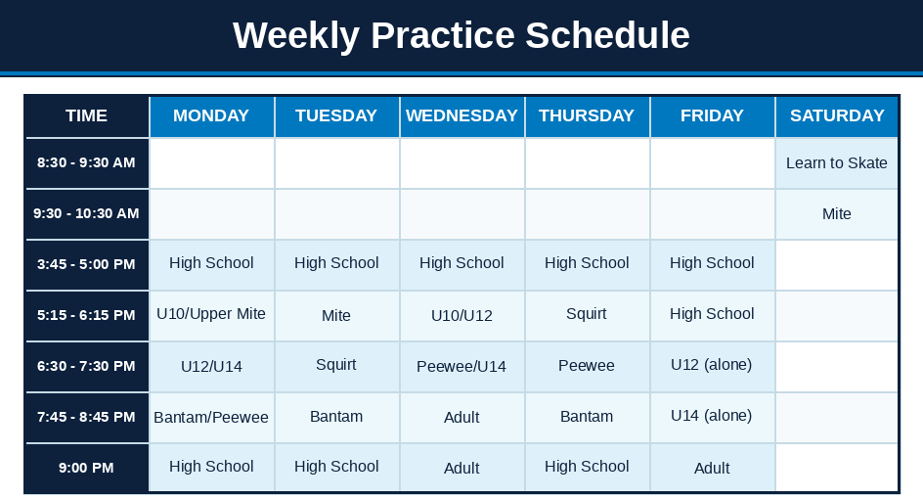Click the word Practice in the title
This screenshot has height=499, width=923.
point(443,35)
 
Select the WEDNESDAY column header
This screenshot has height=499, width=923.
point(461,116)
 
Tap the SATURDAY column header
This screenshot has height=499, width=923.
point(837,116)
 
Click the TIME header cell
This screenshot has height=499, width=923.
point(86,116)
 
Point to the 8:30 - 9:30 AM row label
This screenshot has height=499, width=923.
point(86,163)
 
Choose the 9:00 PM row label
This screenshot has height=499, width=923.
point(86,468)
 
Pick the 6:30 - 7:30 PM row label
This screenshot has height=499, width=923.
point(86,366)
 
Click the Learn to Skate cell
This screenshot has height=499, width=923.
point(837,163)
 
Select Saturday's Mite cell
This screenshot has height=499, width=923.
point(837,214)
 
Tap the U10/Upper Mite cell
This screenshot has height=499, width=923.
point(211,315)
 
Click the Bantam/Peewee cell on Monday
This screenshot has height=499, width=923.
point(211,417)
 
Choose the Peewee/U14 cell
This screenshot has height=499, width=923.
point(461,366)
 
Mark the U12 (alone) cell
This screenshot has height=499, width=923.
point(712,366)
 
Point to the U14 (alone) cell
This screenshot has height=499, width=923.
point(712,417)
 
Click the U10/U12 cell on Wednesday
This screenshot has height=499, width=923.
point(461,315)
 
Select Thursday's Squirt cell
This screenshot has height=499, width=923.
point(587,315)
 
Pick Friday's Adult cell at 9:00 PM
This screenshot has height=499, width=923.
point(712,468)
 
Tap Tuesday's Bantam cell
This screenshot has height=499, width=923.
point(336,417)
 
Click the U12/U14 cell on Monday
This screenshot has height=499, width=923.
point(211,366)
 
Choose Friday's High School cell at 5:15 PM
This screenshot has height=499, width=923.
point(712,315)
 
